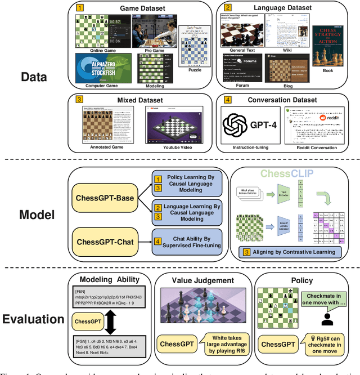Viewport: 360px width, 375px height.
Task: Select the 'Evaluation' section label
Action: [34, 319]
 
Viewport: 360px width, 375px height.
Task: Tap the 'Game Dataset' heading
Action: [143, 9]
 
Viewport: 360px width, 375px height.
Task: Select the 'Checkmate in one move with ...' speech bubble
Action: [324, 300]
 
